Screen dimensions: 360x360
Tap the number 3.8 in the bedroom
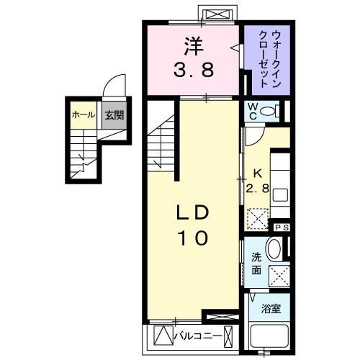tap(192, 71)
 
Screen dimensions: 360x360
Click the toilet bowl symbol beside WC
tap(269, 111)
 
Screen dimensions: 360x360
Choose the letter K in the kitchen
tap(257, 174)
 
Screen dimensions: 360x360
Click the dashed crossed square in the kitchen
tap(258, 217)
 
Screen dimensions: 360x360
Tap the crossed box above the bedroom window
tap(217, 15)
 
